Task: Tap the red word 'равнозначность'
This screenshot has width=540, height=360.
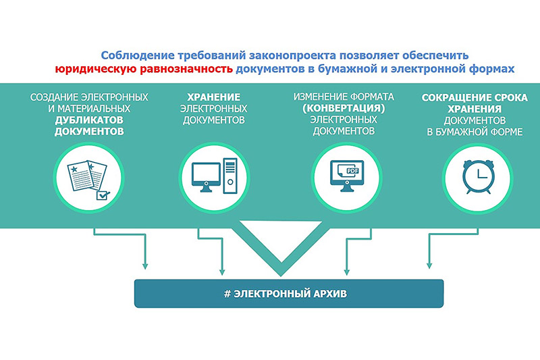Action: coord(186,69)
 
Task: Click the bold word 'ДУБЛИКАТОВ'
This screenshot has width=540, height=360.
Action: coord(89,120)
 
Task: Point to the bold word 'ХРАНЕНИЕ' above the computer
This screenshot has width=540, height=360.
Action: coord(214,97)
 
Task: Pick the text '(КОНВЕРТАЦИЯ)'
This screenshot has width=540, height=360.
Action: coord(344,108)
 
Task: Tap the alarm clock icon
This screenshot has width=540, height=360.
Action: coord(478,177)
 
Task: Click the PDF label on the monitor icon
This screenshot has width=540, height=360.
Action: coord(352,170)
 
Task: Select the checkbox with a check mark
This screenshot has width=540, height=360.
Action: coord(103,195)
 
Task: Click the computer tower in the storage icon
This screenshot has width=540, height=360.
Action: coord(230,176)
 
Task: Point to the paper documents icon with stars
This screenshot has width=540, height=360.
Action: coord(88,175)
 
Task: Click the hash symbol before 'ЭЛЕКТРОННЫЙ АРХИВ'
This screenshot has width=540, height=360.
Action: coord(227,294)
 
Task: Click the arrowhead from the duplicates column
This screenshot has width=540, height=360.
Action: coord(145,266)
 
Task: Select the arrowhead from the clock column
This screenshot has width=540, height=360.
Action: coord(429,265)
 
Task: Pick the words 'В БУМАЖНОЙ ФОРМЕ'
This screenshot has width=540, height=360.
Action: coord(475,132)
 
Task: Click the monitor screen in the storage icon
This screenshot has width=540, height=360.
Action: coord(206,173)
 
